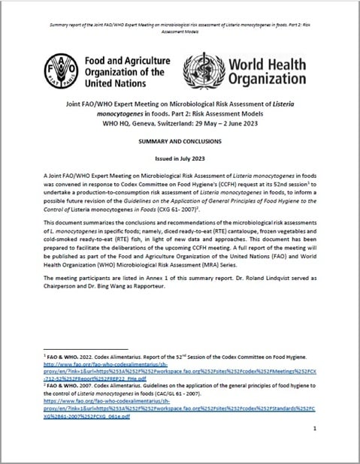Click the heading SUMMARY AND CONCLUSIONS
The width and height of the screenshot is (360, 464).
pos(181,148)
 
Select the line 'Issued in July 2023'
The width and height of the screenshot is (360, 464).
pos(181,170)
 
